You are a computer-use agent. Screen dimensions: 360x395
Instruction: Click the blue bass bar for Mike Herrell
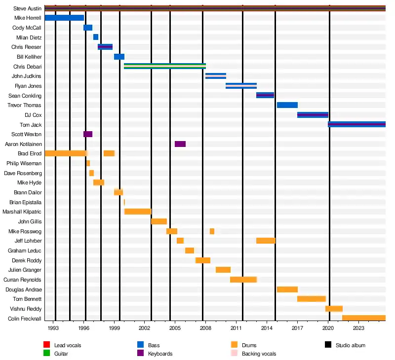pos(64,18)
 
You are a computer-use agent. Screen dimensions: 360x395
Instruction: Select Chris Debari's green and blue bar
pos(164,66)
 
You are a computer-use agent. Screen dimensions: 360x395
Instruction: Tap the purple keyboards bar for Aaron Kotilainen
pos(180,144)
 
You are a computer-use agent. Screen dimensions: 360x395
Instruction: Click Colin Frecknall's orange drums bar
pos(363,318)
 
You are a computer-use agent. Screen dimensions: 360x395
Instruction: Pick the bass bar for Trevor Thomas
pos(287,105)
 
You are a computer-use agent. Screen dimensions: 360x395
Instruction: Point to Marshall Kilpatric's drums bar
pos(138,212)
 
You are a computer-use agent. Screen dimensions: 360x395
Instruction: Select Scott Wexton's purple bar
pos(88,134)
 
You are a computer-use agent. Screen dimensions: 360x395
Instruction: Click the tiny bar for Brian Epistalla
pos(124,202)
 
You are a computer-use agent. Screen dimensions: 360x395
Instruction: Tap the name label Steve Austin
pos(28,8)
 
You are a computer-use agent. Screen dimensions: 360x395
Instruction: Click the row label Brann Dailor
pos(28,192)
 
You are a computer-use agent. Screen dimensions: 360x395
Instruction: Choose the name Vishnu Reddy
pos(28,309)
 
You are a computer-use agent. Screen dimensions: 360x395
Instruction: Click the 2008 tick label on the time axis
pos(205,327)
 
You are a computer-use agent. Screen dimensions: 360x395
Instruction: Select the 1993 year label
pos(53,327)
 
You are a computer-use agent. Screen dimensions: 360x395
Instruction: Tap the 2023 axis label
pos(358,327)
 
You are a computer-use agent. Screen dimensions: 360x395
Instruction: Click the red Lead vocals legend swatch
pos(47,345)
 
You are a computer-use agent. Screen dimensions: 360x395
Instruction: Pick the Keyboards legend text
pos(160,354)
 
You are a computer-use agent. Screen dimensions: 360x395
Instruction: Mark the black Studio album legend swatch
pos(328,345)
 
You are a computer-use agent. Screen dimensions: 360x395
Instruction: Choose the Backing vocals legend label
pos(259,354)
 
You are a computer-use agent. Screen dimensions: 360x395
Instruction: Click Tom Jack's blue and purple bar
pos(356,124)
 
